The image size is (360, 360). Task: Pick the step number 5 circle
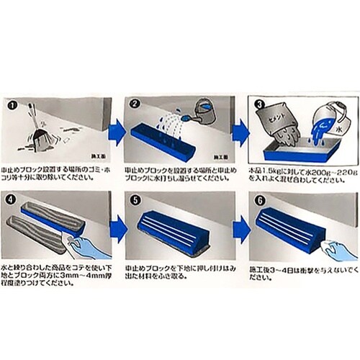point(136,197)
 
